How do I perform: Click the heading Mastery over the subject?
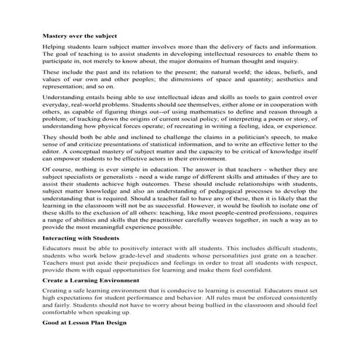coord(79,36)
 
